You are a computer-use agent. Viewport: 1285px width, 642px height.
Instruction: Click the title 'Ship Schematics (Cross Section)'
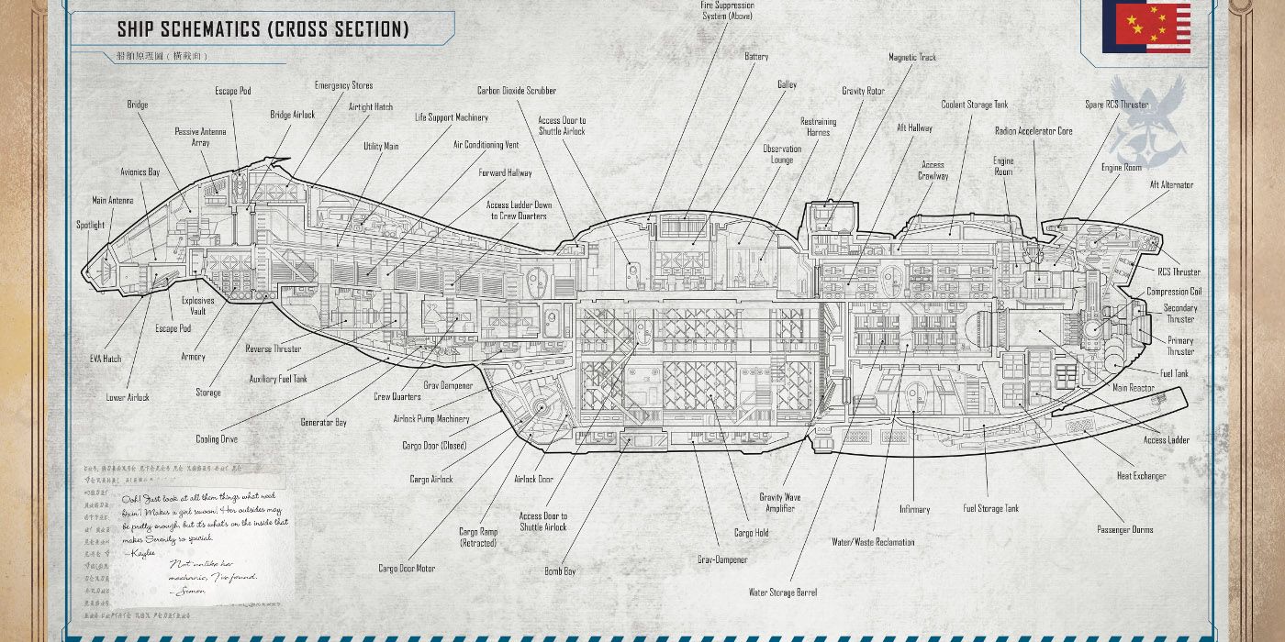(x=263, y=29)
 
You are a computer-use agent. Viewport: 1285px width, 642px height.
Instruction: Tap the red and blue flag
(x=1146, y=28)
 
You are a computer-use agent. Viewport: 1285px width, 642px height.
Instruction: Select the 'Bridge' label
(x=138, y=105)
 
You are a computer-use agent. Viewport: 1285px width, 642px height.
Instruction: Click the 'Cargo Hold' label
(x=751, y=533)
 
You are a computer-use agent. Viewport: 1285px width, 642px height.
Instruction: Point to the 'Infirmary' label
(x=914, y=509)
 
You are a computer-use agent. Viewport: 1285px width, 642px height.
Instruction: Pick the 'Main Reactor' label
(x=1133, y=388)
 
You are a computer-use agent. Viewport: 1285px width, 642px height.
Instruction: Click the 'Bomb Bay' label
(x=560, y=571)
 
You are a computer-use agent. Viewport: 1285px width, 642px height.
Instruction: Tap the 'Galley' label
(x=787, y=84)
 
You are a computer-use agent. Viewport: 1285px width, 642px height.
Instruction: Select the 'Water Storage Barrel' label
(x=782, y=592)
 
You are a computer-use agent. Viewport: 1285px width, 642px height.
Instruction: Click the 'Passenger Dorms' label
(x=1124, y=529)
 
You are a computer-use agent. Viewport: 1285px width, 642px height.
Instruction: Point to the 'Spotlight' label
(x=90, y=225)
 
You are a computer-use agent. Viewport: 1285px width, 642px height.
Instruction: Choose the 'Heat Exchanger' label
(x=1141, y=476)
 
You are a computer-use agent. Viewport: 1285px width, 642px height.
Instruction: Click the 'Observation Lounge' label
(x=782, y=154)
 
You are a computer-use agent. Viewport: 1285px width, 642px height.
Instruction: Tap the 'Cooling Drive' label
(x=217, y=439)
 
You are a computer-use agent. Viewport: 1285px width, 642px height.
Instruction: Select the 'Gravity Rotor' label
(x=863, y=91)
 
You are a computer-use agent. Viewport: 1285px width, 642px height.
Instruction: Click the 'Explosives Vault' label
(x=197, y=305)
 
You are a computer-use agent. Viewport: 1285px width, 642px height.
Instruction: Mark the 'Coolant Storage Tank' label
(x=974, y=105)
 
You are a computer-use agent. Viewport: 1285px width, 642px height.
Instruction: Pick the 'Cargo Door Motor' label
(x=407, y=569)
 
